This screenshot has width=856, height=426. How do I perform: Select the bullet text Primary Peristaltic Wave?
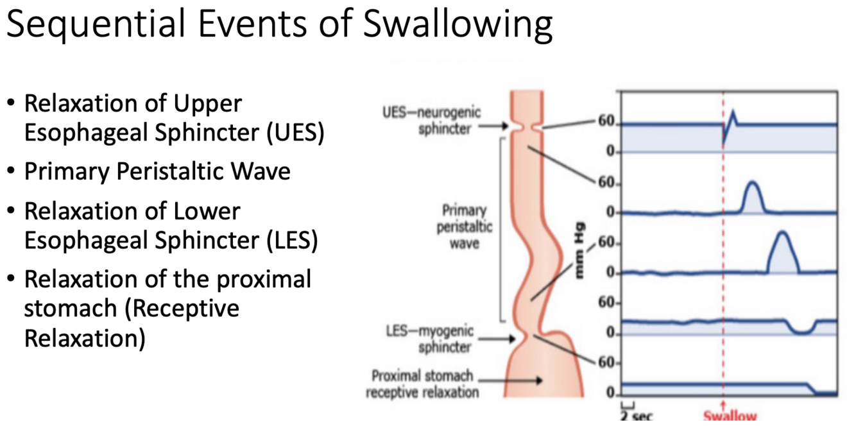pyautogui.click(x=157, y=171)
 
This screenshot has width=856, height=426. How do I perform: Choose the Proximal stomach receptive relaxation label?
pyautogui.click(x=422, y=383)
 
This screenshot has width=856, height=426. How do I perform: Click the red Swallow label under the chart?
pyautogui.click(x=730, y=416)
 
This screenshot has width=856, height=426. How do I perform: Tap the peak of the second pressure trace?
pyautogui.click(x=753, y=184)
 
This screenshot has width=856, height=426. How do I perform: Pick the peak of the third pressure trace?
pyautogui.click(x=782, y=233)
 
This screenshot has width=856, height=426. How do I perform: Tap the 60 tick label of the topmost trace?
pyautogui.click(x=606, y=124)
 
